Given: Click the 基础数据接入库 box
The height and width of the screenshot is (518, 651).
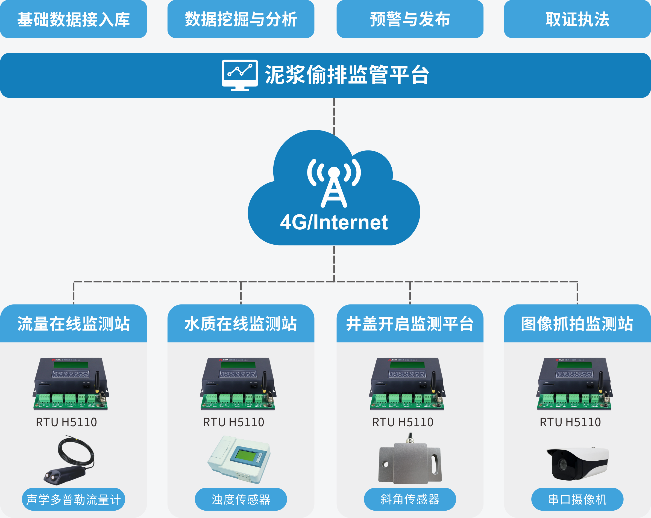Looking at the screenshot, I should click(73, 19).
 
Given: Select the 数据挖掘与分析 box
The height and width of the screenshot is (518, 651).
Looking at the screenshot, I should click(241, 19).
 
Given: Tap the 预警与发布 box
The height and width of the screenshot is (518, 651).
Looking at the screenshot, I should click(410, 19).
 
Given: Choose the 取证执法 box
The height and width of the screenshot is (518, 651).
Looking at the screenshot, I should click(577, 19).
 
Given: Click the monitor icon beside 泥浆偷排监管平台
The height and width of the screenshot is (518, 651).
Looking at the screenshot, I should click(240, 75).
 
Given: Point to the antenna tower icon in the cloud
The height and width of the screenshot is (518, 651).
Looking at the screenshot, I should click(334, 184).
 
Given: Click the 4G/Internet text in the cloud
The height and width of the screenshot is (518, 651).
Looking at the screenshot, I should click(334, 223).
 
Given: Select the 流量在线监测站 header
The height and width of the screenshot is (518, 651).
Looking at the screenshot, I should click(73, 324).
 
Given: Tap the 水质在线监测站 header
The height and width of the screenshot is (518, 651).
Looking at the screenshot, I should click(241, 324).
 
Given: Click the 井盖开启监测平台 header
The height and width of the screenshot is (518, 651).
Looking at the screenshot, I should click(410, 324).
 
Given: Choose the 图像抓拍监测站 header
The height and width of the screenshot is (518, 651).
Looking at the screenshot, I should click(577, 324).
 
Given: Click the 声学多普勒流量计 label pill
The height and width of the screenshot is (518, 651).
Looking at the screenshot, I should click(73, 499).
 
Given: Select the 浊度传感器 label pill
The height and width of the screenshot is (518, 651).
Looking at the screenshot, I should click(241, 499).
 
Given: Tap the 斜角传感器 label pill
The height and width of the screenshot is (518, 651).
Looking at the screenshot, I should click(410, 499).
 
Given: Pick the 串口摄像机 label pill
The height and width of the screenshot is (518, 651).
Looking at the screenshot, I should click(577, 499).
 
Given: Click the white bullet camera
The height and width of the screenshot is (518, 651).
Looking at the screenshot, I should click(577, 463).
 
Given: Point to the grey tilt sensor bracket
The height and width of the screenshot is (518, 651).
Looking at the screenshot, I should click(410, 463).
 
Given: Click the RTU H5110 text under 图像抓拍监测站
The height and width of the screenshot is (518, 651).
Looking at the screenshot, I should click(570, 422).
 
